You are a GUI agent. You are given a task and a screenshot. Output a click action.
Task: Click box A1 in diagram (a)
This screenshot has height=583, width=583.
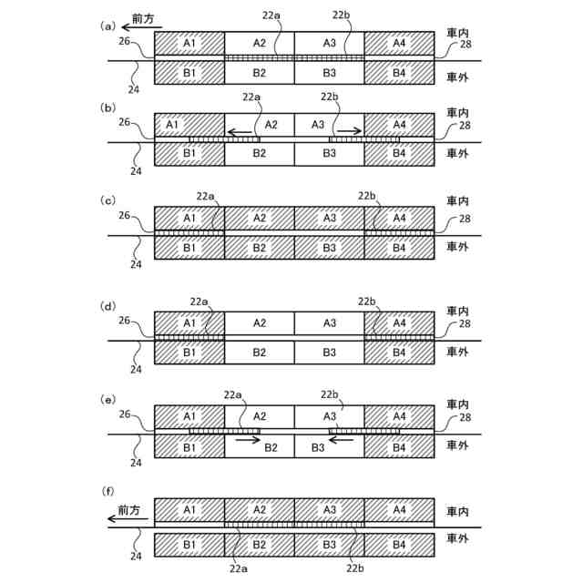[x=189, y=44]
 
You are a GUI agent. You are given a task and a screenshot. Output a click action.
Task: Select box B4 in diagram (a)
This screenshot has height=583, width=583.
[x=399, y=73]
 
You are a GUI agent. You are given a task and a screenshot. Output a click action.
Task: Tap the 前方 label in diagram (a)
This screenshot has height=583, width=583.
[x=142, y=18]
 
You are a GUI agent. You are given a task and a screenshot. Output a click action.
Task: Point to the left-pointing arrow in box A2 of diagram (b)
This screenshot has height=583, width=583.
[x=240, y=132]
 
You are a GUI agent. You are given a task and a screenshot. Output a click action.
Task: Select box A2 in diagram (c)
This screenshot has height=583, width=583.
[x=260, y=219]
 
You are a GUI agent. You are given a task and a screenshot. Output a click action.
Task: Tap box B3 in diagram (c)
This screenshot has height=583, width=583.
[x=330, y=248]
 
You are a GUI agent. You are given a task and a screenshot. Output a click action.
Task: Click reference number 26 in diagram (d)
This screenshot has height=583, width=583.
[x=125, y=321]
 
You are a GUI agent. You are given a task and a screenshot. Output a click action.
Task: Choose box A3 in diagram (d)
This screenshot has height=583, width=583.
[x=330, y=323]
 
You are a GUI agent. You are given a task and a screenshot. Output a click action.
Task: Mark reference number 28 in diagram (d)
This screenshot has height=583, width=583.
[x=465, y=324]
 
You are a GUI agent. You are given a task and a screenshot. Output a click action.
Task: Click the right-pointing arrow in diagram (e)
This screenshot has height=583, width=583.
[x=247, y=439]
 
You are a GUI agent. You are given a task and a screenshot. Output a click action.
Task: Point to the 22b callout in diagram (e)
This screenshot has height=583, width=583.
[x=331, y=394]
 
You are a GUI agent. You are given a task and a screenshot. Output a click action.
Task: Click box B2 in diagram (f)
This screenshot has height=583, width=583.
[x=260, y=545]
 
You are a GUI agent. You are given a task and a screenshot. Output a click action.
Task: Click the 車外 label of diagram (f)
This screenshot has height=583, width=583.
[x=458, y=539]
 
